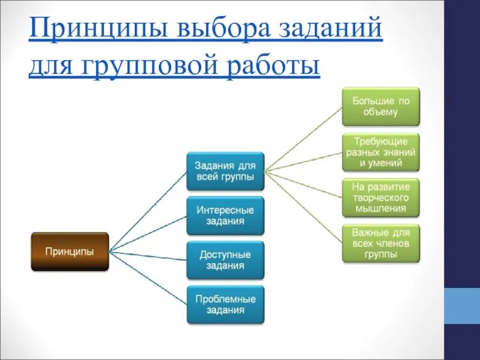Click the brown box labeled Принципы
coord(70,251)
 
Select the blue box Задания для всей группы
coord(225,171)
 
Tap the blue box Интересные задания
coord(225,215)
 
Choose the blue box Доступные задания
coord(225,260)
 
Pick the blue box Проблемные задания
coord(225,305)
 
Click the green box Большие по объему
coord(380,106)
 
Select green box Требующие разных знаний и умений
coord(380,152)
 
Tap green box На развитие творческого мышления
coord(380,197)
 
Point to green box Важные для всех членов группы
coord(380,243)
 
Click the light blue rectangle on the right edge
coord(462,305)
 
